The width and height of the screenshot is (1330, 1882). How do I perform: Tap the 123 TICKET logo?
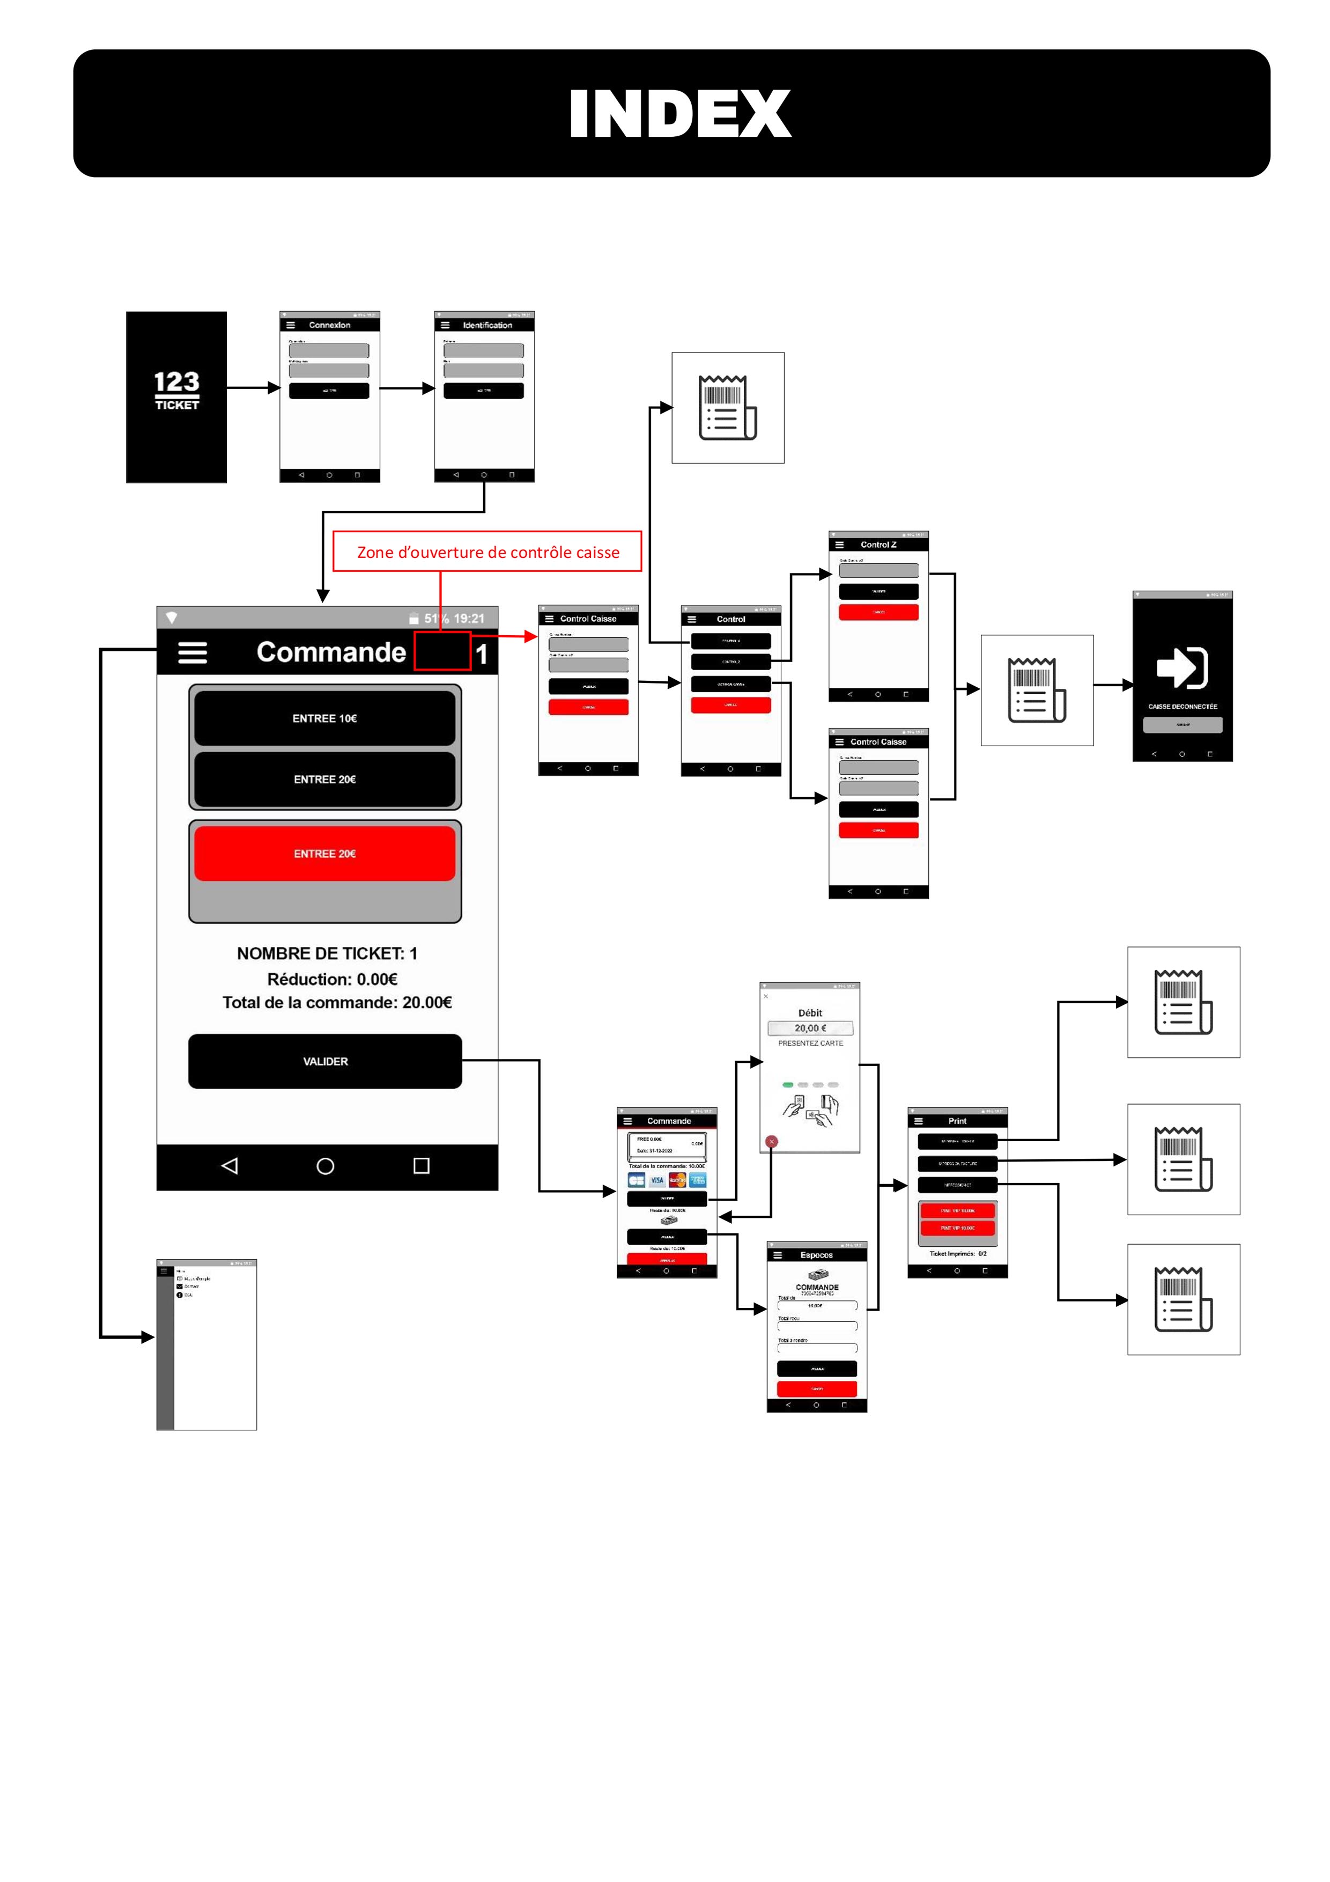click(x=176, y=390)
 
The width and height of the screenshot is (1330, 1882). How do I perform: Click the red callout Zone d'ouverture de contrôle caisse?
click(x=487, y=552)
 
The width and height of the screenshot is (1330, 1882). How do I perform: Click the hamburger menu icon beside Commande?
click(x=193, y=652)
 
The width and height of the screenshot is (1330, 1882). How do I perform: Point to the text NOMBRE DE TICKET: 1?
click(x=327, y=953)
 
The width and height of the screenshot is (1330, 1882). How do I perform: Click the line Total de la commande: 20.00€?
click(x=337, y=1003)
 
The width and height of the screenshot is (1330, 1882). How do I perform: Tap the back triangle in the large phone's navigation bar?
click(x=230, y=1166)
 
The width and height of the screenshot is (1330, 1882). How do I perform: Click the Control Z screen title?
click(x=878, y=545)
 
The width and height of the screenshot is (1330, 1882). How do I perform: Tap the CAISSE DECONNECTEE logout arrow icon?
click(x=1181, y=667)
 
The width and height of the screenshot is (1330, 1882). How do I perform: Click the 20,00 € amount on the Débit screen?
click(x=810, y=1028)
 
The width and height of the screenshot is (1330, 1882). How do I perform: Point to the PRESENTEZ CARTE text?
click(x=810, y=1043)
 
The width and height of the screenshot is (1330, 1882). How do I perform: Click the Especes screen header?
click(x=816, y=1255)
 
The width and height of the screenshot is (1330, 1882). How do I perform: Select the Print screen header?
click(x=957, y=1121)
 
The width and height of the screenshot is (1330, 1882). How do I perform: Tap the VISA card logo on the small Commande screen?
click(x=657, y=1180)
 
